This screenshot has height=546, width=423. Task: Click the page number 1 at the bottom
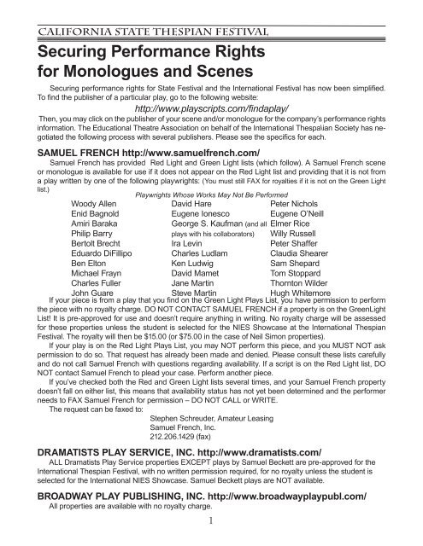[211, 538]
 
